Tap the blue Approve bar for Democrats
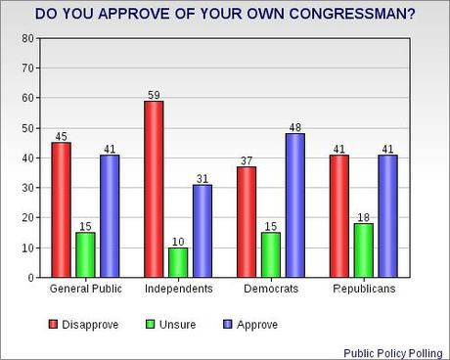[x=296, y=205]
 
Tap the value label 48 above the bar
[x=296, y=126]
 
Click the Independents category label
[x=179, y=292]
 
